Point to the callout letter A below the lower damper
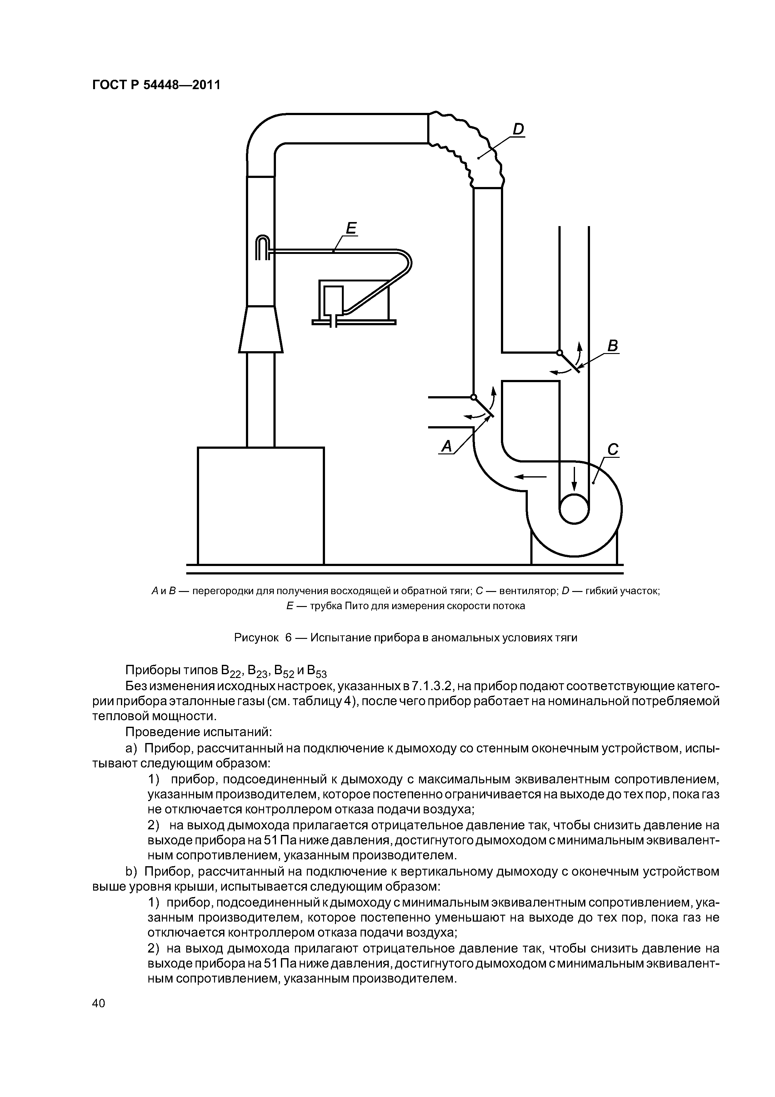click(447, 446)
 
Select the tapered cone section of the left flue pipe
click(261, 329)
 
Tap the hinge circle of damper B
click(559, 353)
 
